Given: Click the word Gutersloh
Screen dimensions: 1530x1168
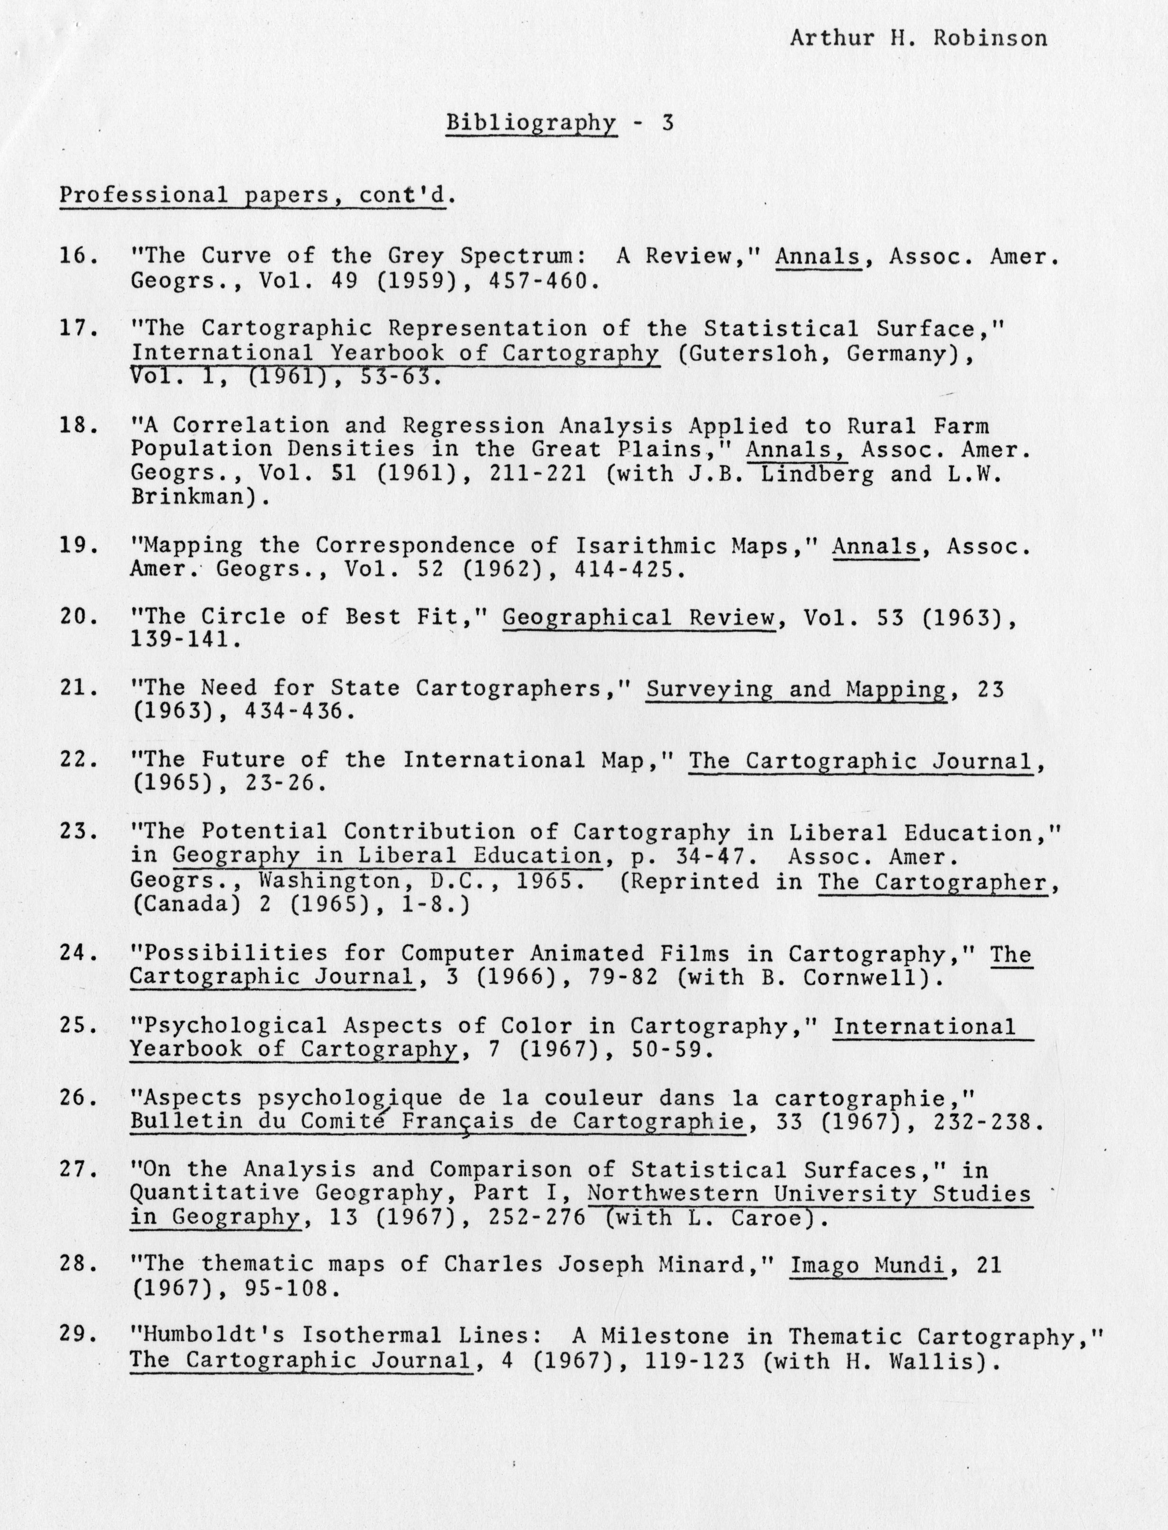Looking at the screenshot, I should click(x=754, y=353).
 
